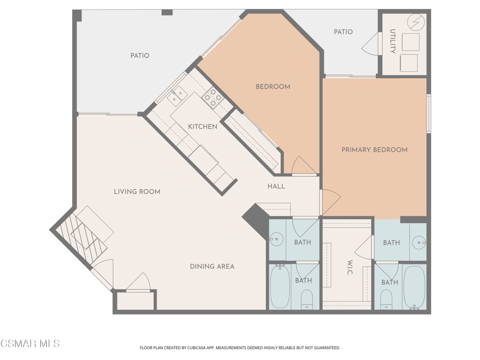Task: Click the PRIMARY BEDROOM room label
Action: pos(374,150)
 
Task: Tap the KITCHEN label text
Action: pos(202,127)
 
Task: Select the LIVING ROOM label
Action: pos(137,192)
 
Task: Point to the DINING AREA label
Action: pos(212,266)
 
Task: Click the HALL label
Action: pos(276,186)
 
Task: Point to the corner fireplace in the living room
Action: pos(80,237)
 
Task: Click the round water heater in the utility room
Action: pos(416,22)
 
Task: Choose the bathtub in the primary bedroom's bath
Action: pos(414,287)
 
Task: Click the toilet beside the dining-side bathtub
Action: pos(307,299)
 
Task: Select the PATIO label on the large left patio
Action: pos(140,56)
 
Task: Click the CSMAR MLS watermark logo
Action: pos(30,344)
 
